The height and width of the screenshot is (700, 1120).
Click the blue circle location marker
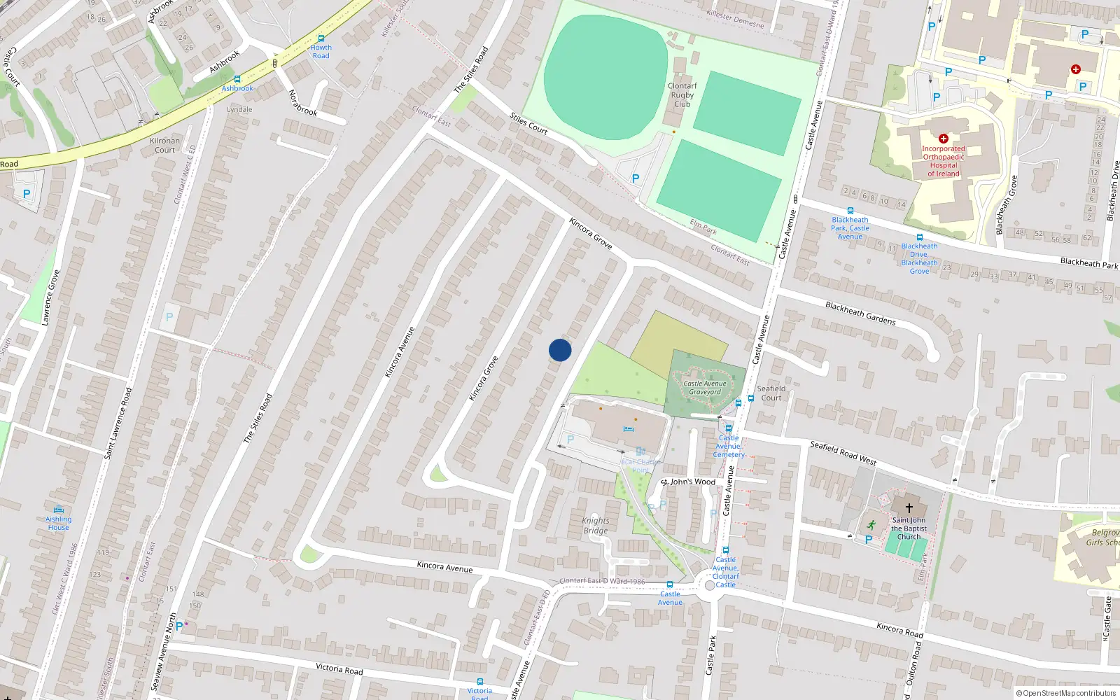tap(560, 350)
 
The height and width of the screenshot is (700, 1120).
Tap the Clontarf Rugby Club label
tap(682, 95)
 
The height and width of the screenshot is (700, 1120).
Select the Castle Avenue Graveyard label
tap(705, 388)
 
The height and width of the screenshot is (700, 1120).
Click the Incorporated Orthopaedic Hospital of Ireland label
tap(943, 161)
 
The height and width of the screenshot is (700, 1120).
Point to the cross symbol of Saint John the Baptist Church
tap(909, 508)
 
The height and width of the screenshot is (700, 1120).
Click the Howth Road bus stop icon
tap(321, 38)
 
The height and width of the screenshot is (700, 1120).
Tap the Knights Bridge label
tap(596, 526)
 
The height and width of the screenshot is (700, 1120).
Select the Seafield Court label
tap(771, 393)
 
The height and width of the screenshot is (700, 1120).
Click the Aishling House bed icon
tap(59, 510)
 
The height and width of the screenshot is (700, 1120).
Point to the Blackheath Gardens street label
tap(860, 313)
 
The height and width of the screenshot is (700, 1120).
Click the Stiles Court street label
tap(528, 123)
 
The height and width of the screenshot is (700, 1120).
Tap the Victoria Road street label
tap(339, 668)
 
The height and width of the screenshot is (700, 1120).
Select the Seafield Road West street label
tap(843, 453)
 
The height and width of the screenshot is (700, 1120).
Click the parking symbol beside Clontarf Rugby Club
tap(636, 178)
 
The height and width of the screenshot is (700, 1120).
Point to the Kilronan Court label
tap(165, 146)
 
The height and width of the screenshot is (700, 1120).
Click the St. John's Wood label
tap(689, 482)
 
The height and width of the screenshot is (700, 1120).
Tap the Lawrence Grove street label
tap(50, 297)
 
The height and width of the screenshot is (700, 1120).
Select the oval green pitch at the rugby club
tap(606, 67)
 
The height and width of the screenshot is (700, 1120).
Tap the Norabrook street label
tap(302, 103)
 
